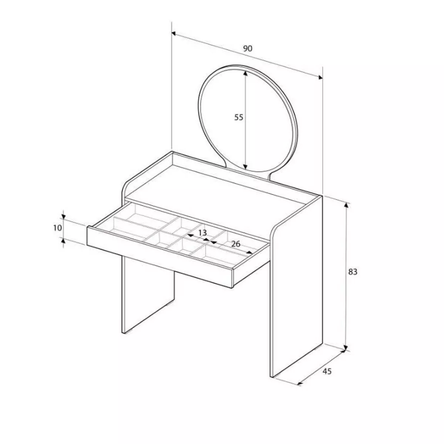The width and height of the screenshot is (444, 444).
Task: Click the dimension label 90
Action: [248, 48]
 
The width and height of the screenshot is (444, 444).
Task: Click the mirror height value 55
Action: [239, 117]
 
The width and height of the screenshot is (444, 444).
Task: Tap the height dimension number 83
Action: [353, 272]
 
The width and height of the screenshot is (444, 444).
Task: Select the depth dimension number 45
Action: [327, 371]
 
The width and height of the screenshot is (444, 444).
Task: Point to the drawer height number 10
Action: [58, 228]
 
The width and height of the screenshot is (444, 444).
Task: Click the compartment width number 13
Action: [202, 233]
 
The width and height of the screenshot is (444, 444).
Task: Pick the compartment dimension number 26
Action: [236, 244]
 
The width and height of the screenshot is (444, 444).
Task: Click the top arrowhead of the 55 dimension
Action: [245, 73]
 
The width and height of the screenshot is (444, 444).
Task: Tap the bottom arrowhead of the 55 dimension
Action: [245, 166]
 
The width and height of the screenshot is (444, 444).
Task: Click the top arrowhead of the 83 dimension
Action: [346, 205]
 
